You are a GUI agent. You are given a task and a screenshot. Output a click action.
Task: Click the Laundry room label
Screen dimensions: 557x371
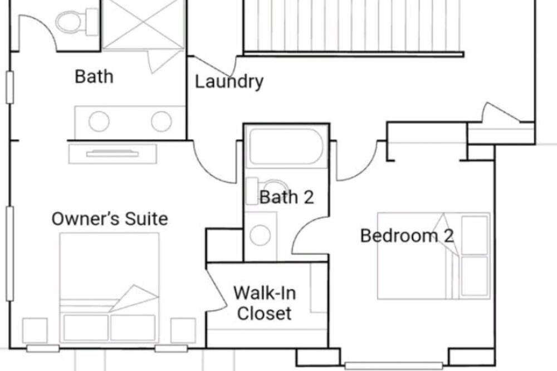229,82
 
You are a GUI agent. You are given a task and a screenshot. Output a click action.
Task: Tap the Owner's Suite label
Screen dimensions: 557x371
110,218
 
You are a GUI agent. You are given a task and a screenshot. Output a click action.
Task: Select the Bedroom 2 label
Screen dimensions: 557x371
407,236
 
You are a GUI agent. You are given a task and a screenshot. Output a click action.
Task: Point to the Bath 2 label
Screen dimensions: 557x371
287,197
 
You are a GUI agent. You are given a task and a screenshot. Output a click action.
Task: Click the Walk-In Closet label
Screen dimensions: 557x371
265,303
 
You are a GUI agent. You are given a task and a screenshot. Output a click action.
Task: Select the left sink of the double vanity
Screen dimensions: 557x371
99,121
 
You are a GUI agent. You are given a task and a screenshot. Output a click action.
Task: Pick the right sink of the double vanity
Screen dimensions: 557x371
162,121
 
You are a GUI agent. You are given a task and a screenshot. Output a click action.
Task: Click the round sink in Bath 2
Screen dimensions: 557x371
260,235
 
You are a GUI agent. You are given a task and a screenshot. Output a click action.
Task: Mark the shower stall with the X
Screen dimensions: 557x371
143,24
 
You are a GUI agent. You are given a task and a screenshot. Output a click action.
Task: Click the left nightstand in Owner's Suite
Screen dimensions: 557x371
35,330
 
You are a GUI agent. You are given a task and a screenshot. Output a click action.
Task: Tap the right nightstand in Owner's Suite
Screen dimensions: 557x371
183,330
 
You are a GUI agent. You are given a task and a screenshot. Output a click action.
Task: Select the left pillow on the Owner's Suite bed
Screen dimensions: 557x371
86,328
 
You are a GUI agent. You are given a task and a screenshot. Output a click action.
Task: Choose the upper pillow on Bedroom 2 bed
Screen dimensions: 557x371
475,235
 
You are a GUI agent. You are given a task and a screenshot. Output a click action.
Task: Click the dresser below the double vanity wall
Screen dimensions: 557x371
113,154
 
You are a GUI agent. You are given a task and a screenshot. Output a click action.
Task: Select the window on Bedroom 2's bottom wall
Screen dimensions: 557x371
394,365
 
